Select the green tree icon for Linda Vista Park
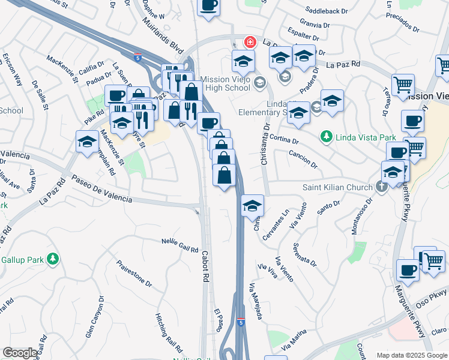pyautogui.click(x=327, y=137)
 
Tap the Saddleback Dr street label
pyautogui.click(x=326, y=11)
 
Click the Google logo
pyautogui.click(x=20, y=353)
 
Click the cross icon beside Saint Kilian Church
pyautogui.click(x=382, y=187)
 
